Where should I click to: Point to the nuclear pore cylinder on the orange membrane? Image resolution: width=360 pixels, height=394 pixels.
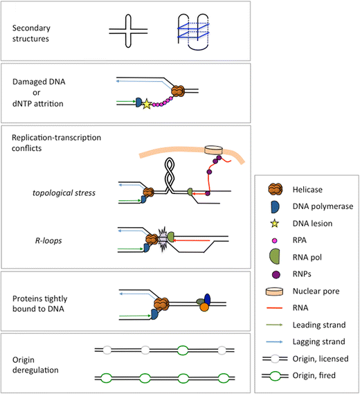coord(215,150)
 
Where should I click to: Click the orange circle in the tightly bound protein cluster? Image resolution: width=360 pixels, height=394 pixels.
coord(204,307)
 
